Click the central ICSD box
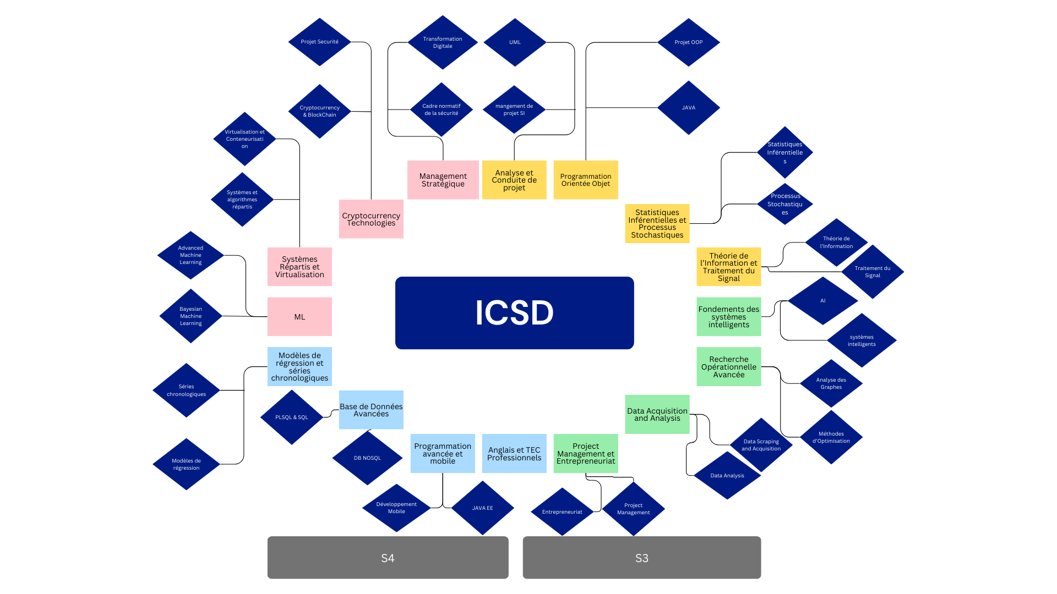point(514,312)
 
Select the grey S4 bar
point(388,557)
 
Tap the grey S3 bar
point(641,557)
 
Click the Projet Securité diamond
point(319,42)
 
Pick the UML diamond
point(515,42)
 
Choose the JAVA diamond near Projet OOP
point(688,108)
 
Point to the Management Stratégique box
point(443,180)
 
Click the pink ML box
point(299,317)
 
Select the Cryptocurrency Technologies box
point(371,219)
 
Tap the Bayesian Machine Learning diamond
point(190,316)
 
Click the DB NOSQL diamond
point(367,458)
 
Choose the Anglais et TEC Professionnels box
point(514,454)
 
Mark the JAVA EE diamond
point(482,508)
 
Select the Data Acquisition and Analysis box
point(657,414)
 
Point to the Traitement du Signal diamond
point(872,272)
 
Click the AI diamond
point(822,301)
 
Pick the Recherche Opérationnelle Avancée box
point(728,367)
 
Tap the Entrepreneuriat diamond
point(562,512)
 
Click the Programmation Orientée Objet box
point(585,180)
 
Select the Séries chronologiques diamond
point(186,390)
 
